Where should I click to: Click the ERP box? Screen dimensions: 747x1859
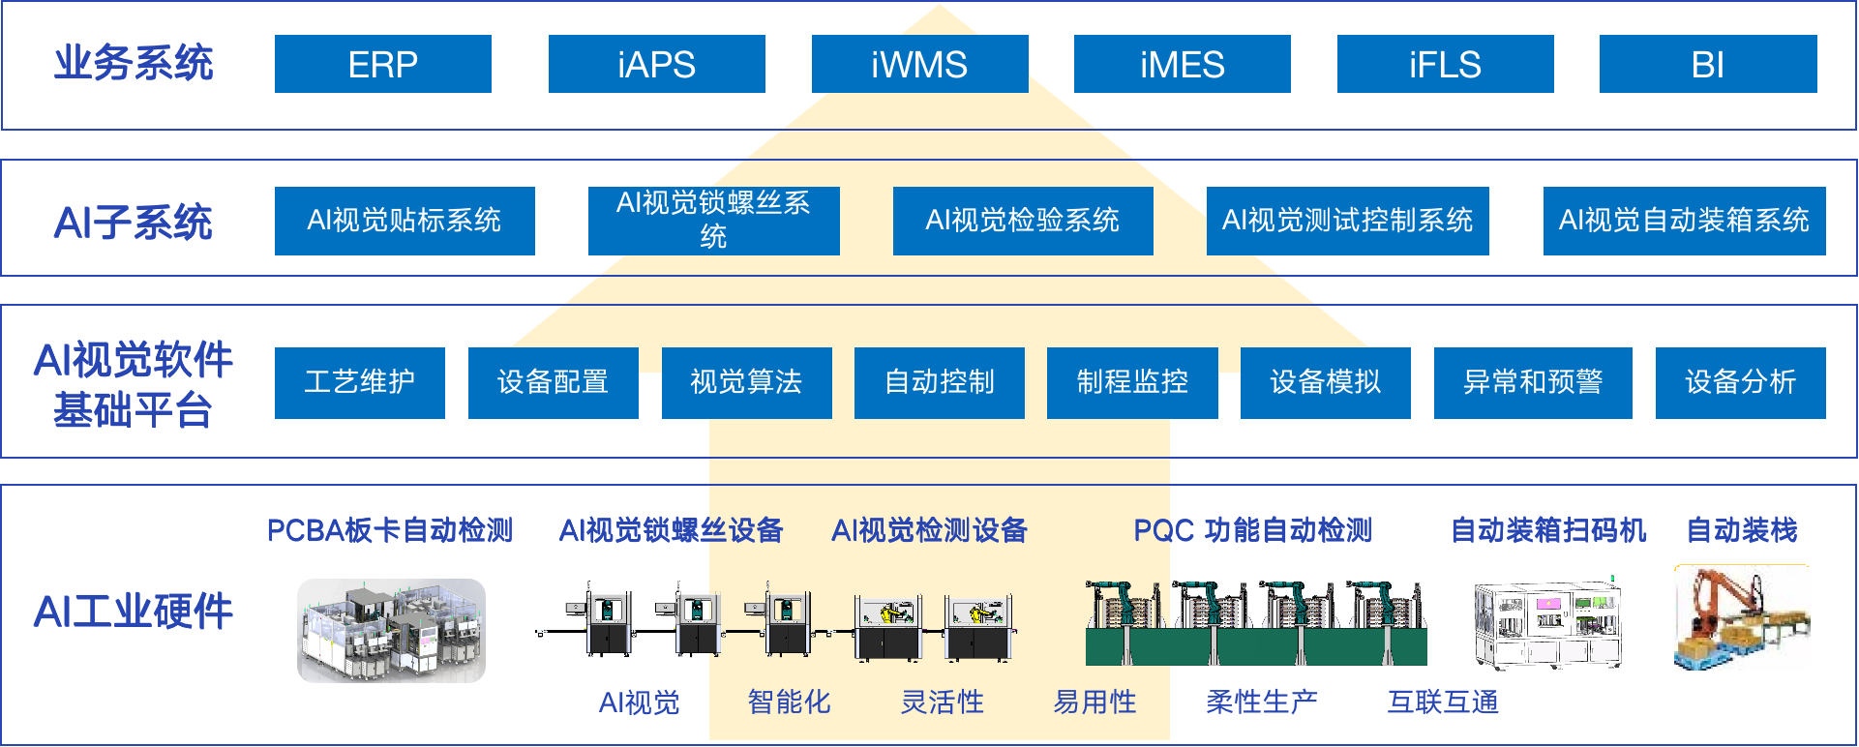[382, 64]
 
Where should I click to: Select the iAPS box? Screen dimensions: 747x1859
[656, 64]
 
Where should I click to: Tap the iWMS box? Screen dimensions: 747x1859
[919, 64]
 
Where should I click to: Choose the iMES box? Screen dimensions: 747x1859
[1182, 64]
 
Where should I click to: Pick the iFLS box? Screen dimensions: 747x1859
[1445, 64]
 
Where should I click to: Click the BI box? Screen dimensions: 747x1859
[1707, 64]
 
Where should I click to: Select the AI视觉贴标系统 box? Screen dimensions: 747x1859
[405, 221]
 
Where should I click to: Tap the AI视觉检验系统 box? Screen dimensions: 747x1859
[1022, 221]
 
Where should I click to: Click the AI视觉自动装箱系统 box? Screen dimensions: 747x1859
[1684, 221]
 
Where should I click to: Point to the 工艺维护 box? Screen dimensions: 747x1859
[359, 382]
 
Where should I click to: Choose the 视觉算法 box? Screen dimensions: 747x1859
[746, 382]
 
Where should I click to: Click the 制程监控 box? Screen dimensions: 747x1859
[1132, 382]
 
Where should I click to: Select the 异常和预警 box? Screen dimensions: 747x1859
[1532, 382]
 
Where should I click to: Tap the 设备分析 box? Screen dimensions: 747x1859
[1740, 382]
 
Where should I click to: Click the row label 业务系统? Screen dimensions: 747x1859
[134, 63]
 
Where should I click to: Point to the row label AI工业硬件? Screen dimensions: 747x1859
[134, 612]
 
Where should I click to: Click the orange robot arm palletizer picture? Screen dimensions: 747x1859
[1742, 617]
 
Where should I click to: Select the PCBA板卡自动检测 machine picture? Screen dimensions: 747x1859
[391, 630]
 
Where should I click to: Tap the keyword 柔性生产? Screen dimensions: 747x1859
[1261, 702]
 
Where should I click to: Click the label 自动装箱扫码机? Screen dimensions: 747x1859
[1547, 530]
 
